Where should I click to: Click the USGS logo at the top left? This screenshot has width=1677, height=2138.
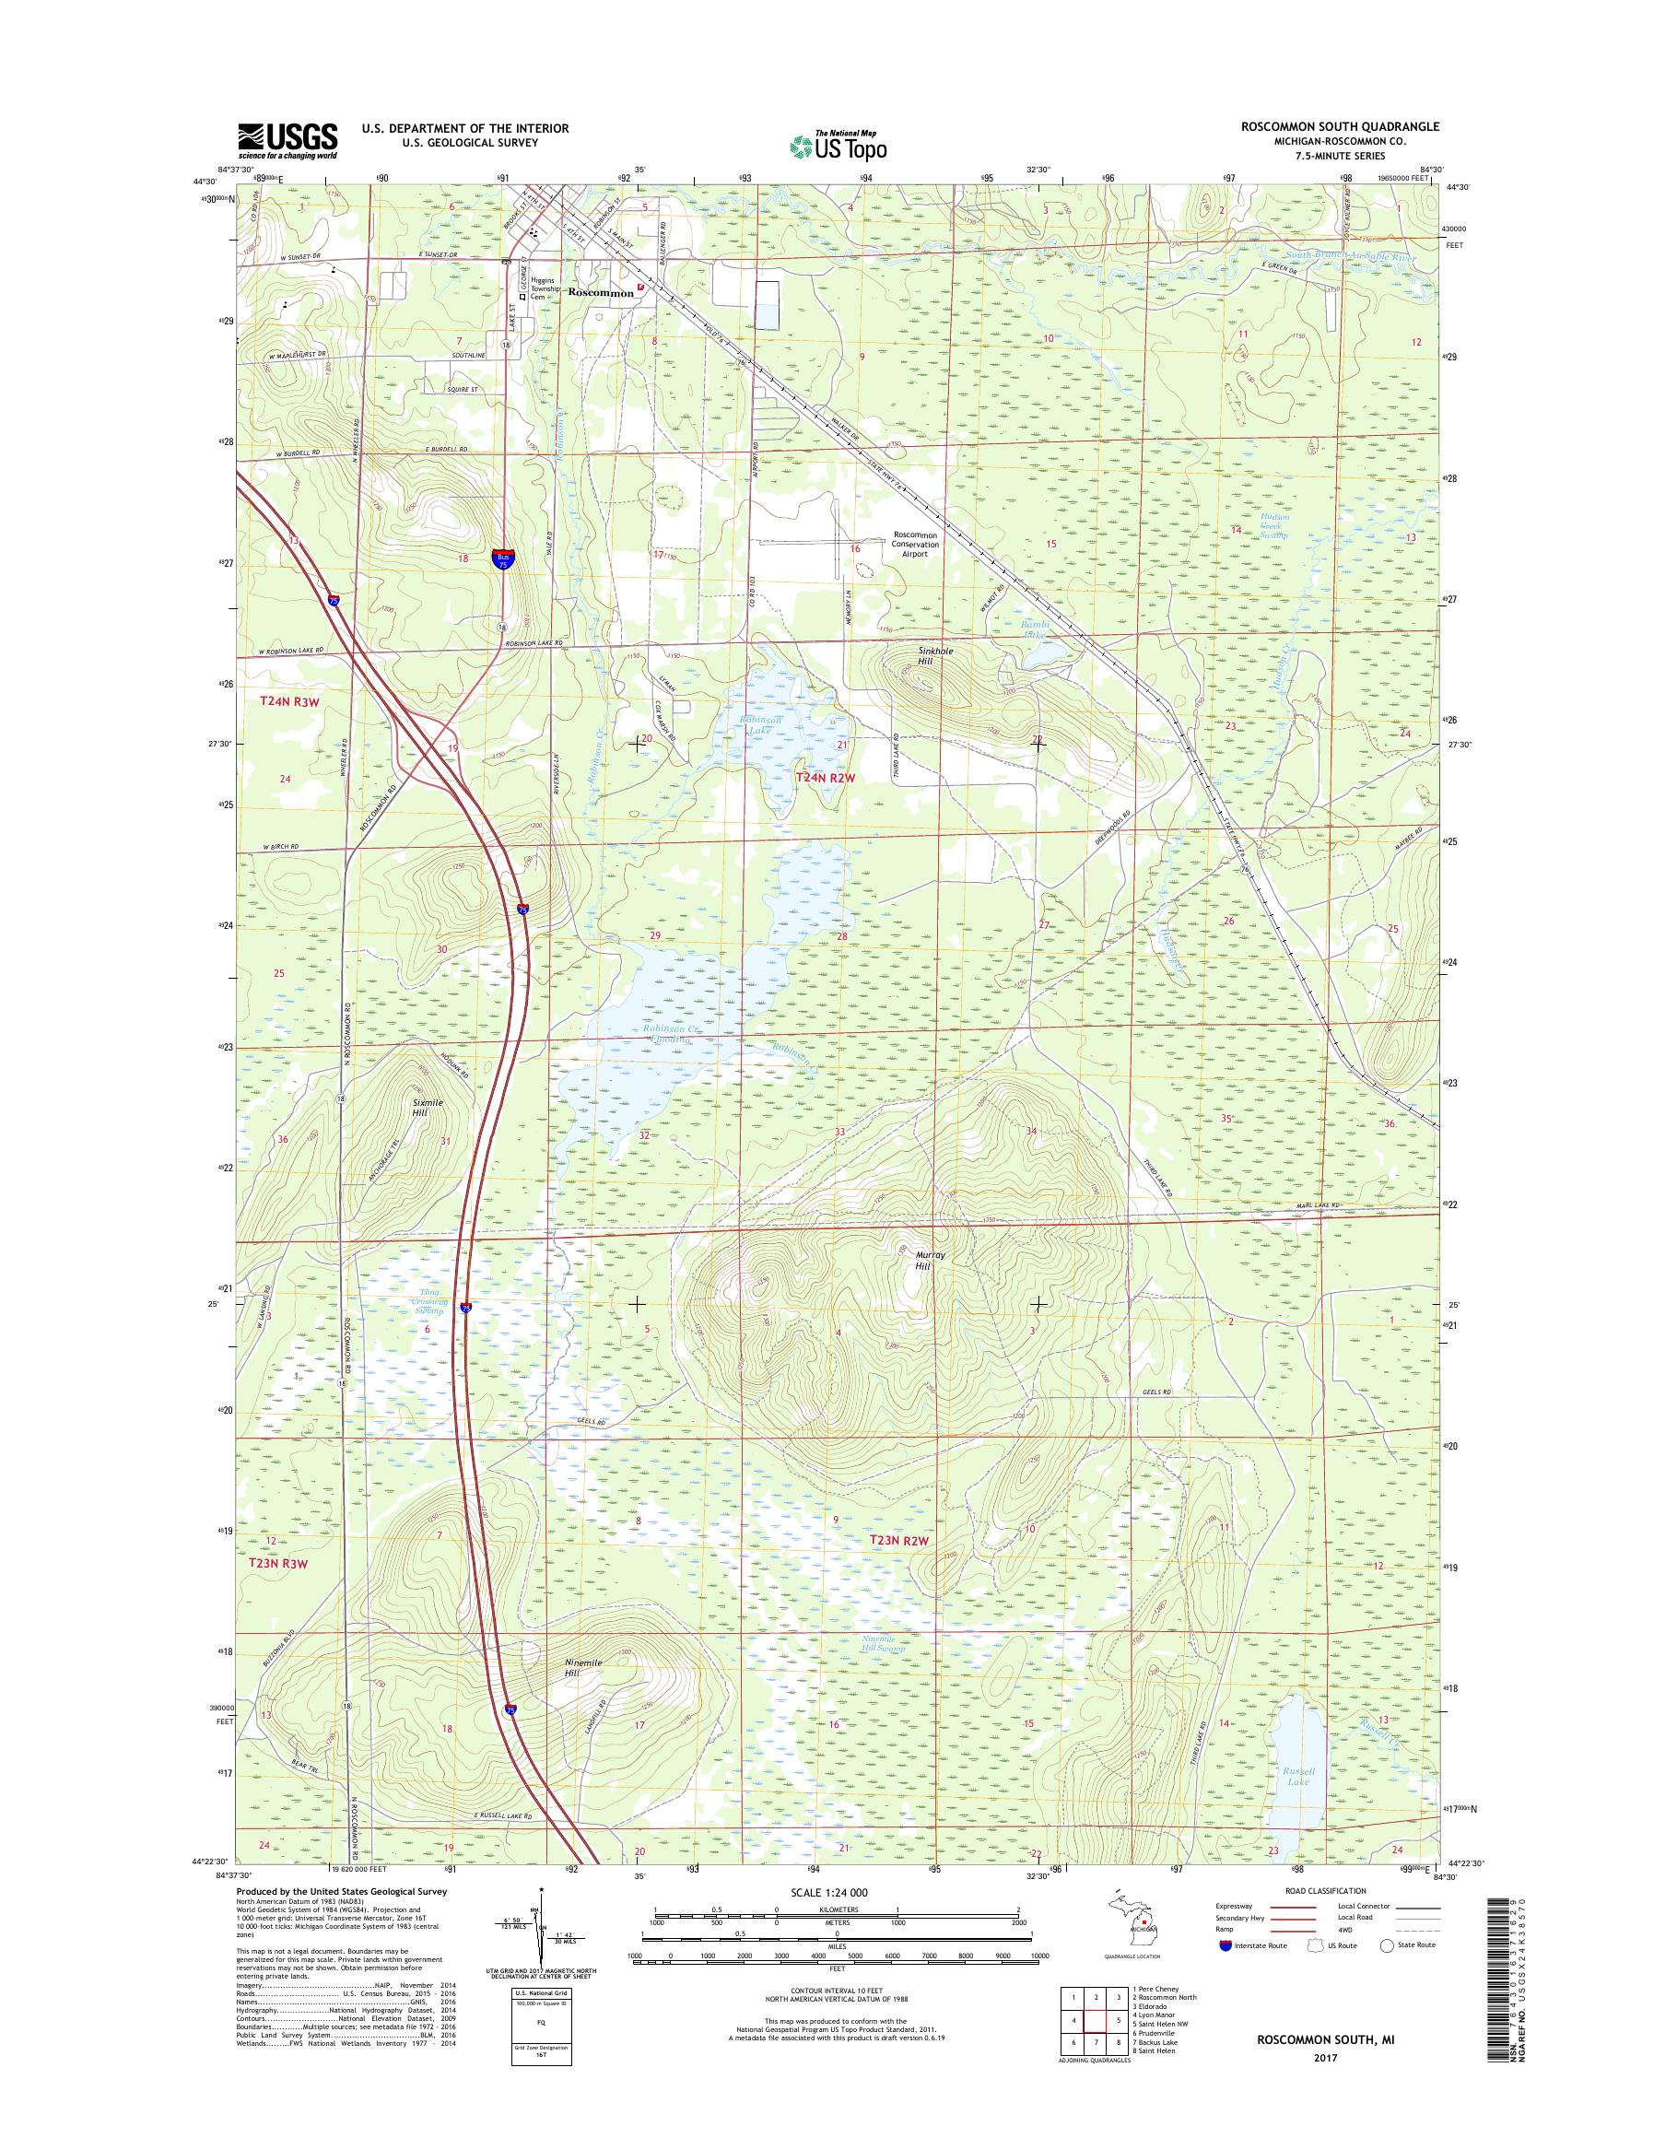(287, 140)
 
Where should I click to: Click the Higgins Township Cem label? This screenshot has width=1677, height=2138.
(548, 289)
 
